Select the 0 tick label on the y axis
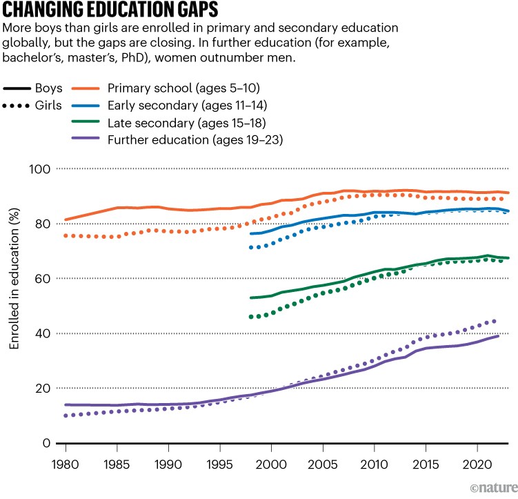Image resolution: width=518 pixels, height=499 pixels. tap(46, 442)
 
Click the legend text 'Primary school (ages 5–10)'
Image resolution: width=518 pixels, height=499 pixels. tap(193, 88)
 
